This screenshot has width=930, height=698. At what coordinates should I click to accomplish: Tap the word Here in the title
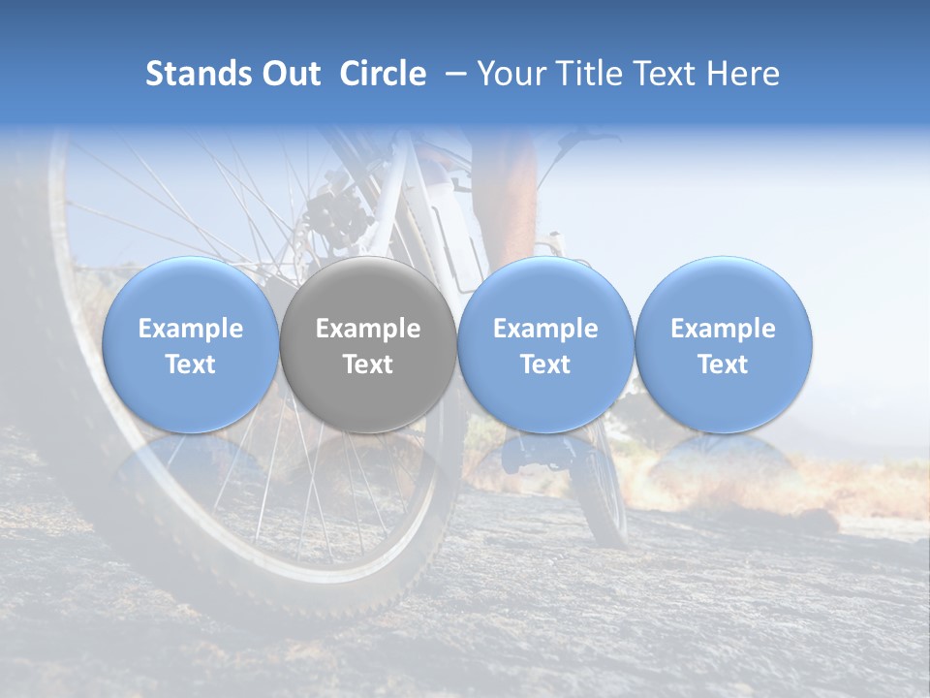pos(743,74)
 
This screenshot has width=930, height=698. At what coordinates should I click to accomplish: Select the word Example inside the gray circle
pos(368,329)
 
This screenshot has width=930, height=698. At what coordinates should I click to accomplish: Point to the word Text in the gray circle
pos(368,365)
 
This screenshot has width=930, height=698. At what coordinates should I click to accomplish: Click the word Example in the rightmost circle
pos(724,329)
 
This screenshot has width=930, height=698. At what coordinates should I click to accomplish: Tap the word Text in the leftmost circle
pos(190,365)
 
